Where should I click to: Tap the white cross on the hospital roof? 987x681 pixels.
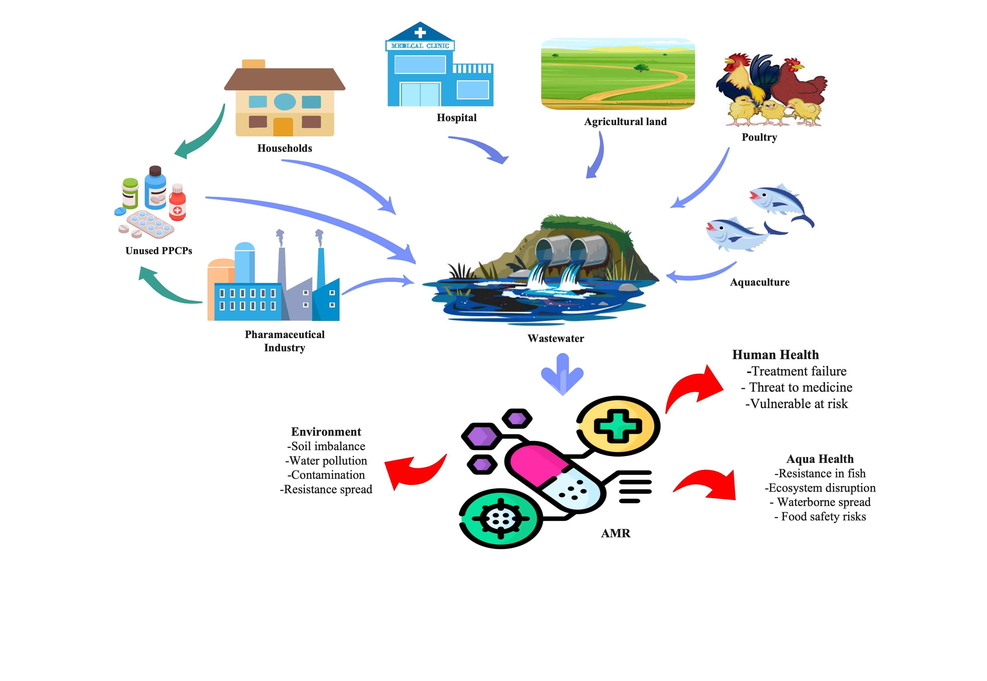[x=420, y=32]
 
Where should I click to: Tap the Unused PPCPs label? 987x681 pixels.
[x=159, y=250]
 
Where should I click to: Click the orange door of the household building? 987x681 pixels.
[x=283, y=127]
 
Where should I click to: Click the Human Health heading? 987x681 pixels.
[x=775, y=355]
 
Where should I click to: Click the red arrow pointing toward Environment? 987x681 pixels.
[x=412, y=471]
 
